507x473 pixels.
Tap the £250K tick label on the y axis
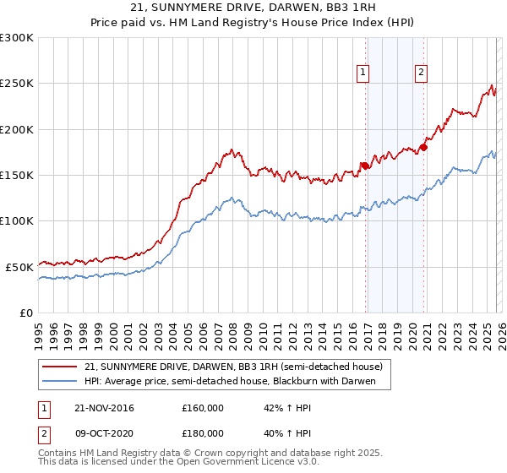tap(17, 84)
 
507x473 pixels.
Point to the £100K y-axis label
tap(17, 220)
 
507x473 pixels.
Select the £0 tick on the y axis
tap(26, 313)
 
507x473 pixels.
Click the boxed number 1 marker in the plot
tap(363, 73)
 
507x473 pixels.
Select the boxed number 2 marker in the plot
tap(421, 73)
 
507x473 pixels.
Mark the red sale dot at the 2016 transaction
tap(364, 166)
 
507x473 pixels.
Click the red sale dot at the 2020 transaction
tap(423, 148)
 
